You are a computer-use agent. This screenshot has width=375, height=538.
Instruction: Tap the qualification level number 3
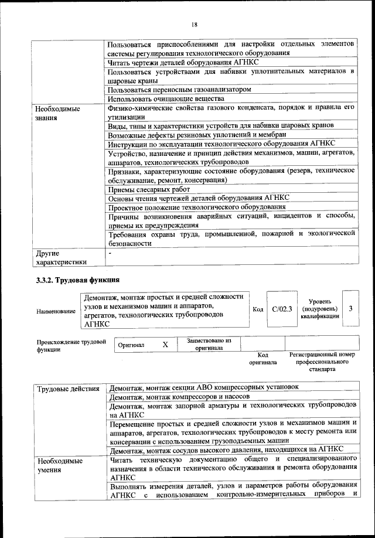350,308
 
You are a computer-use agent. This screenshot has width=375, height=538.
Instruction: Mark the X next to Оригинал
165,345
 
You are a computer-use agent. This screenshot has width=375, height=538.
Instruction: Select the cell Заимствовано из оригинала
209,344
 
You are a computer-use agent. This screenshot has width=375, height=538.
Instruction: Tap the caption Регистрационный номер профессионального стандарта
322,362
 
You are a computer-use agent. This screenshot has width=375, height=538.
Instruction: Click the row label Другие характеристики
62,258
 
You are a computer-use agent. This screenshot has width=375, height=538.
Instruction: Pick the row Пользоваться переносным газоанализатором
180,90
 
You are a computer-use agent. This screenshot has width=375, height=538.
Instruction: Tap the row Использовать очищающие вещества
166,99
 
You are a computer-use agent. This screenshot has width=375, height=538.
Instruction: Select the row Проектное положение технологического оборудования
197,207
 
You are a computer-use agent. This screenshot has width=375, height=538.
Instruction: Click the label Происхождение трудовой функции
71,345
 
